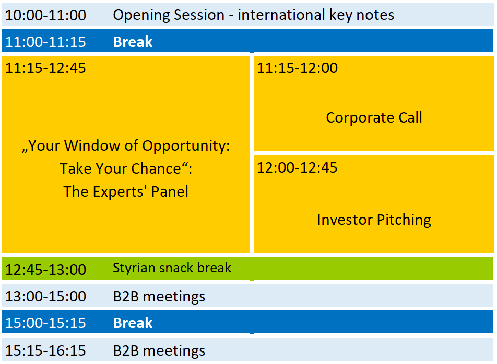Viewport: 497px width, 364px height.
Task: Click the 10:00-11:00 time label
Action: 45,15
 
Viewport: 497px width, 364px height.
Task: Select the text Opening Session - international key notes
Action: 254,15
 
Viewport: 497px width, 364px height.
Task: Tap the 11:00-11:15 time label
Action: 45,42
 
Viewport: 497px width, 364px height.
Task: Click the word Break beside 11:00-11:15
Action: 133,42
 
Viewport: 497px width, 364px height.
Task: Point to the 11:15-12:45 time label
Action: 45,68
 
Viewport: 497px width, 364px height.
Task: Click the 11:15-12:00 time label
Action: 298,68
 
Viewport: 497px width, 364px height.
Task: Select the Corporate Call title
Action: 374,117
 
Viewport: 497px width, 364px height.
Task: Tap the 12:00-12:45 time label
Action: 298,168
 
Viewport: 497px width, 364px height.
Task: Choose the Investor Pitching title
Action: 374,220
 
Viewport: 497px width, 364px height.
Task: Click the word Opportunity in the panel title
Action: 186,146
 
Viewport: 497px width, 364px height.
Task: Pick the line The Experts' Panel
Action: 126,191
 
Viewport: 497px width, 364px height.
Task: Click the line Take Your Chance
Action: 126,168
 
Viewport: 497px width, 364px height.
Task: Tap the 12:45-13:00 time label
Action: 45,270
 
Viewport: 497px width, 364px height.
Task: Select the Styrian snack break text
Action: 172,268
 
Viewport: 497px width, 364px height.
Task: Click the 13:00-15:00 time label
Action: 45,297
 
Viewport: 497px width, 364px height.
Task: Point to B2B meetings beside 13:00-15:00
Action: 159,297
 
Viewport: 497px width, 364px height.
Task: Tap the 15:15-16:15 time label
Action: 45,351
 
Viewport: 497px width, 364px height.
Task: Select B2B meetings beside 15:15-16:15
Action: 159,351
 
